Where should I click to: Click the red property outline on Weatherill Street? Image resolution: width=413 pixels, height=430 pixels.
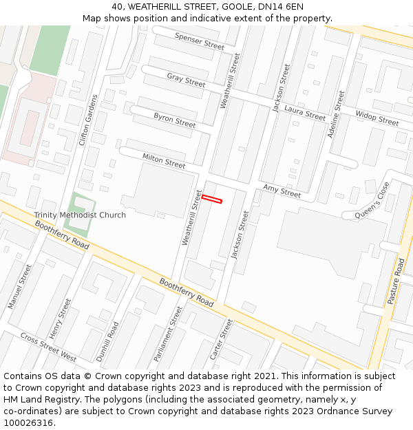(212, 200)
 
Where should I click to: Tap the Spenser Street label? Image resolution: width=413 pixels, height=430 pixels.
(200, 41)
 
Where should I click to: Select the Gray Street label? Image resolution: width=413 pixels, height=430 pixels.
(186, 80)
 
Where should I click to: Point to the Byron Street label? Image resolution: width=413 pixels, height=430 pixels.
(175, 120)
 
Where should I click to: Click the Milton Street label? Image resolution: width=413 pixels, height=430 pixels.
(164, 160)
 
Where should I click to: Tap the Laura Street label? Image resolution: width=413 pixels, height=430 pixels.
(305, 114)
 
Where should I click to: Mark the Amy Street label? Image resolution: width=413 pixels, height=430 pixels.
(282, 191)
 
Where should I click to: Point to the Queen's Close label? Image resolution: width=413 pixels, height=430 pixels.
(372, 201)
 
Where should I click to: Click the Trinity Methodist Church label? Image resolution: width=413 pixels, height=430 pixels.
(80, 215)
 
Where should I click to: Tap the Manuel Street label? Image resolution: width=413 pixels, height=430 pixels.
(19, 286)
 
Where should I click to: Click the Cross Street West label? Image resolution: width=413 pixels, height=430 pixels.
(48, 347)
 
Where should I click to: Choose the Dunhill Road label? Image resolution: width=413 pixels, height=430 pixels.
(108, 342)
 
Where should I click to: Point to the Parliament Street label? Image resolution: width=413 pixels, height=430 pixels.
(169, 334)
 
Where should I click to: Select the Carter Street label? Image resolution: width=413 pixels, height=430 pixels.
(221, 339)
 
